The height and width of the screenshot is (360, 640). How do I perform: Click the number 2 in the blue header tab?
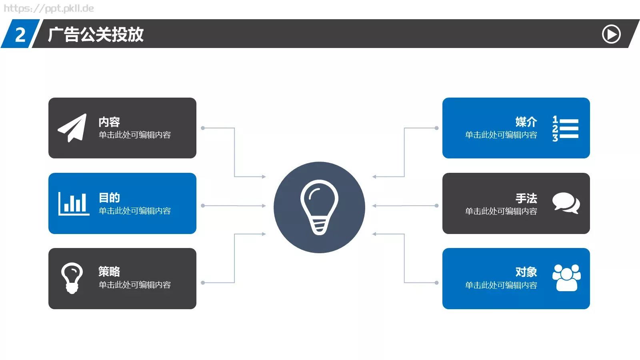[20, 35]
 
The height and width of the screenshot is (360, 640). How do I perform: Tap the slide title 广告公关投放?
[96, 34]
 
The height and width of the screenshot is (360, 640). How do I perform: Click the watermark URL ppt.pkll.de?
[48, 8]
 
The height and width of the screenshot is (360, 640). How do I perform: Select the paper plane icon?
[72, 128]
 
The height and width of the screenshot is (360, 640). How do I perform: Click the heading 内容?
[109, 122]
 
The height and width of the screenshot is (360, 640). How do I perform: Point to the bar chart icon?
[74, 204]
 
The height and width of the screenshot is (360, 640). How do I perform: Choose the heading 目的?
[109, 198]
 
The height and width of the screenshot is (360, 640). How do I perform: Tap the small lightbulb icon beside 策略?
[72, 278]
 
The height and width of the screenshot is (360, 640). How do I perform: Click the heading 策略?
[109, 272]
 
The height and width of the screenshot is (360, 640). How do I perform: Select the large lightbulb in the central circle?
[319, 207]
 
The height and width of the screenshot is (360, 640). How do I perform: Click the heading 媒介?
[526, 122]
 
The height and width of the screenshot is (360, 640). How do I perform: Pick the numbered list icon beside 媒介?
[566, 128]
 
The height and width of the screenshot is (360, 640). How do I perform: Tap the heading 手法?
[526, 198]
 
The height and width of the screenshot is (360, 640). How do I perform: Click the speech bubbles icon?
[566, 203]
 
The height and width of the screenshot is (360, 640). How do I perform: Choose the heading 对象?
[526, 272]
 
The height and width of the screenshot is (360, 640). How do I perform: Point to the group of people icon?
[566, 278]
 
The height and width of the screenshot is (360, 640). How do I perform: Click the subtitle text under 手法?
[501, 211]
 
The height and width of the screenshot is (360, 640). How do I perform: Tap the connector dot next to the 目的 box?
[203, 206]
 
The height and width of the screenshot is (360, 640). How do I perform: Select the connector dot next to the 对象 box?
[436, 283]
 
